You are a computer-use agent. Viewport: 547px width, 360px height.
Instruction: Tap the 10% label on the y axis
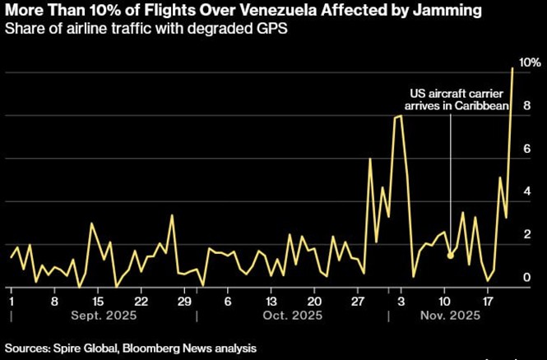click(x=529, y=63)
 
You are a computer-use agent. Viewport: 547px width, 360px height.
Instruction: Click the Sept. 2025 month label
click(x=104, y=316)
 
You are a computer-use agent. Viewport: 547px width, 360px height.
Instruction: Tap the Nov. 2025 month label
click(x=452, y=316)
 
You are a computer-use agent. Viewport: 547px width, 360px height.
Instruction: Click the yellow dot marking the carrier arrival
click(x=450, y=256)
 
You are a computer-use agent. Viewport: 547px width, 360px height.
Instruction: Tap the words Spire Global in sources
click(x=86, y=348)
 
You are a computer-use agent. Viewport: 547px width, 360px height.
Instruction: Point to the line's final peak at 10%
click(x=513, y=69)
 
